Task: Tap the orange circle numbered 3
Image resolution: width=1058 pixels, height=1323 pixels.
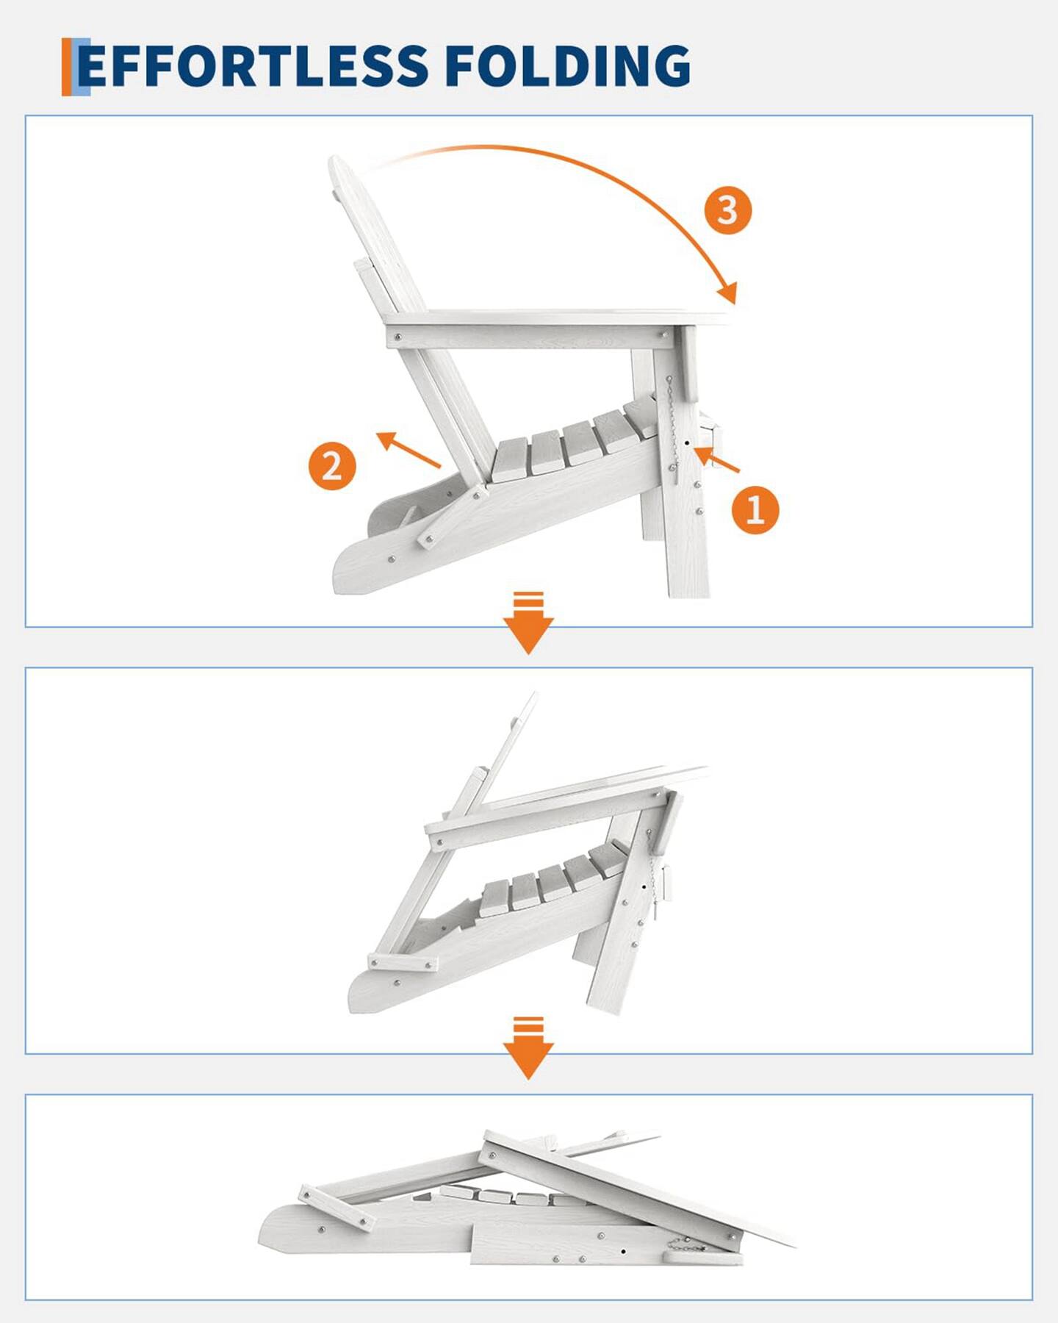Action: pyautogui.click(x=727, y=210)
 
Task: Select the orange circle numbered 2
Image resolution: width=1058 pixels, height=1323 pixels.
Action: pyautogui.click(x=332, y=465)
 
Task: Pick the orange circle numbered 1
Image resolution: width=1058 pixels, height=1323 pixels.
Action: pyautogui.click(x=755, y=509)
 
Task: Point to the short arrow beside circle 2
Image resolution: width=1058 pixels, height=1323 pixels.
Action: pyautogui.click(x=408, y=450)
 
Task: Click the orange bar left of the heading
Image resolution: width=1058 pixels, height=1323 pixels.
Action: pyautogui.click(x=67, y=67)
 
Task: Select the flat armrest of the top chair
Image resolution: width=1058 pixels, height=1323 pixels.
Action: pyautogui.click(x=558, y=318)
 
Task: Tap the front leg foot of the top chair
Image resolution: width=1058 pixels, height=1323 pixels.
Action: pyautogui.click(x=689, y=584)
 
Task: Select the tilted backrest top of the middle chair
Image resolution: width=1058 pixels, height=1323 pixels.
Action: pyautogui.click(x=527, y=706)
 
